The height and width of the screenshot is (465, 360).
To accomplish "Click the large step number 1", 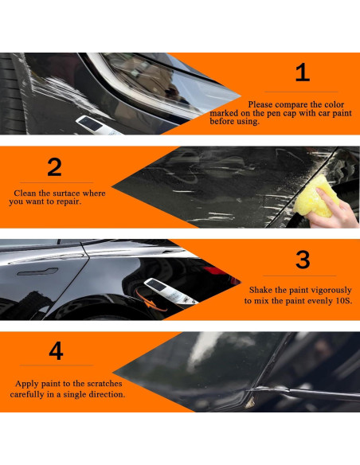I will (302, 73).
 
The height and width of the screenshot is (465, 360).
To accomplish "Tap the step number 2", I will (54, 167).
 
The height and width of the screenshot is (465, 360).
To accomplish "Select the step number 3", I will (303, 260).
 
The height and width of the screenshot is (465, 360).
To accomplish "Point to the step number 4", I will (56, 351).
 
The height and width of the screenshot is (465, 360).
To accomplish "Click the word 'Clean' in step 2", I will (26, 193).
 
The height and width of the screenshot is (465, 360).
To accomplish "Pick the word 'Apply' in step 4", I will (25, 384).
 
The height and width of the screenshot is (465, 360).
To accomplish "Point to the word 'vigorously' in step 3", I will (327, 291).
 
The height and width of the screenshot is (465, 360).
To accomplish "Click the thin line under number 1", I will (301, 92).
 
